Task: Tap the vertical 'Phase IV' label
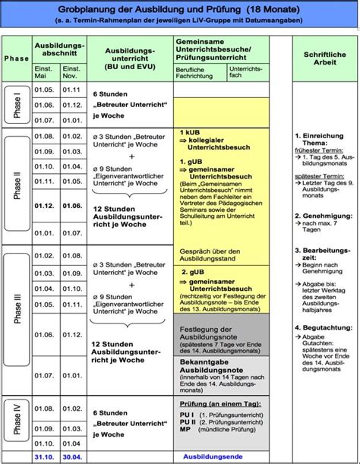pos(17,421)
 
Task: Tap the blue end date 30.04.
pos(71,456)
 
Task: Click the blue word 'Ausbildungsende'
pos(213,456)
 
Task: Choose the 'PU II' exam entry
pos(187,424)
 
